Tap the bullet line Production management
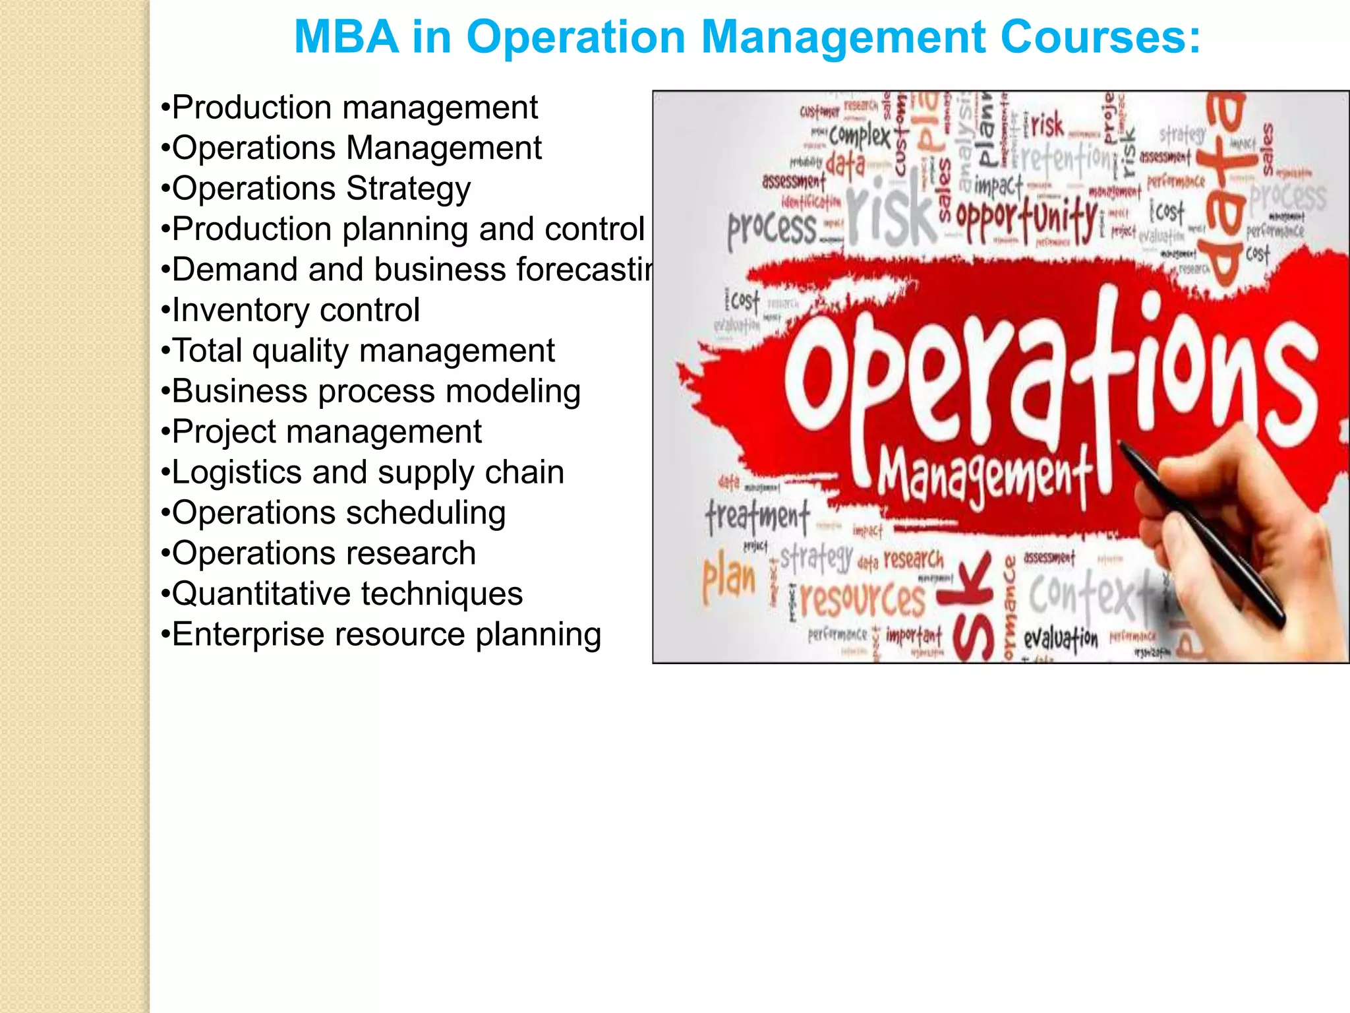[x=349, y=107]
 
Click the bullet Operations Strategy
[x=316, y=189]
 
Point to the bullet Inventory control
[x=290, y=310]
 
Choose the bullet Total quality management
[x=358, y=350]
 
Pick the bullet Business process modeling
[x=370, y=391]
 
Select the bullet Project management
[x=321, y=432]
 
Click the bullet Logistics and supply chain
[x=363, y=472]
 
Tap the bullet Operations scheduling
[x=334, y=513]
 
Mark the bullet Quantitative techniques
[x=341, y=594]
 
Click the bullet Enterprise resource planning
[x=381, y=634]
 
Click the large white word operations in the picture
[x=1048, y=376]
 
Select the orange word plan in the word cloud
[x=728, y=578]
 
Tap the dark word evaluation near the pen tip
[x=1061, y=638]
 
